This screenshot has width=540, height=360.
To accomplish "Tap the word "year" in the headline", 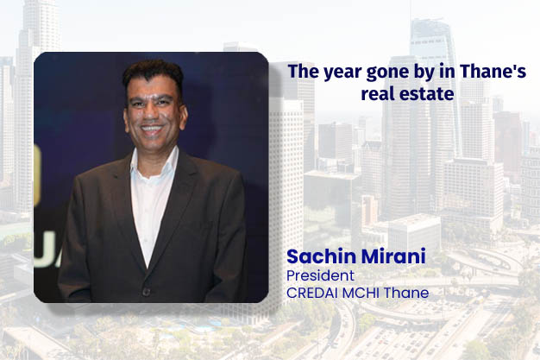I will (x=339, y=73).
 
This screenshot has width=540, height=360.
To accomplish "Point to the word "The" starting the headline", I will (x=302, y=73).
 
